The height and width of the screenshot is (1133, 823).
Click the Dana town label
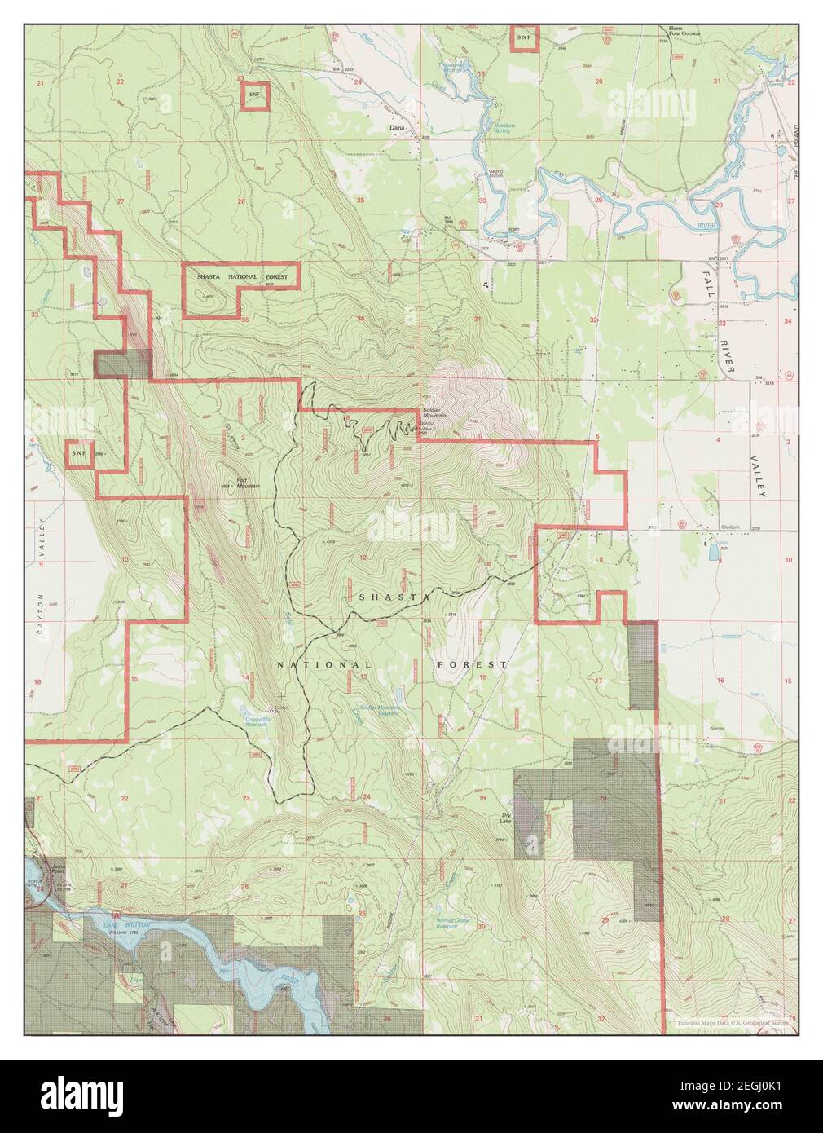pyautogui.click(x=397, y=128)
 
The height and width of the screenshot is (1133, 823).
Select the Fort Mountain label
pyautogui.click(x=248, y=483)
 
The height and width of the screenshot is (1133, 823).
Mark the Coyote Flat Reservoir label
pyautogui.click(x=257, y=720)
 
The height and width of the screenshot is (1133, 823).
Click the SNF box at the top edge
pyautogui.click(x=523, y=37)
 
